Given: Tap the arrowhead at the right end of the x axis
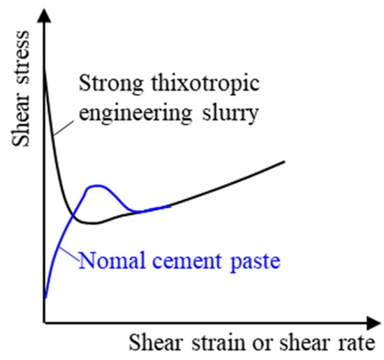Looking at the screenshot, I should pyautogui.click(x=376, y=323).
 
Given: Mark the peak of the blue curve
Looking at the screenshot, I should pyautogui.click(x=96, y=186).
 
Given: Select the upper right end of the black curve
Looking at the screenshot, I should pyautogui.click(x=284, y=161).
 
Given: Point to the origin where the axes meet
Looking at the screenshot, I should pyautogui.click(x=44, y=323).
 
